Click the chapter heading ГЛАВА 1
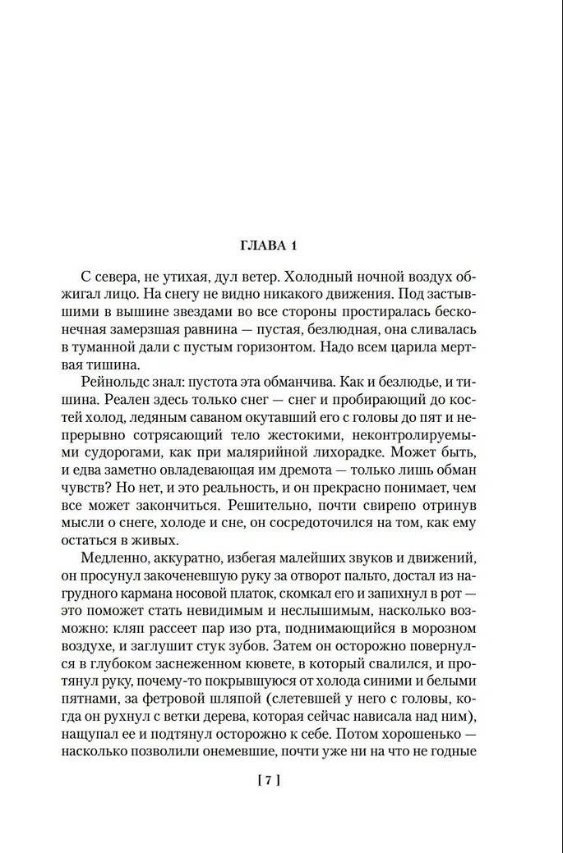tap(281, 245)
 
